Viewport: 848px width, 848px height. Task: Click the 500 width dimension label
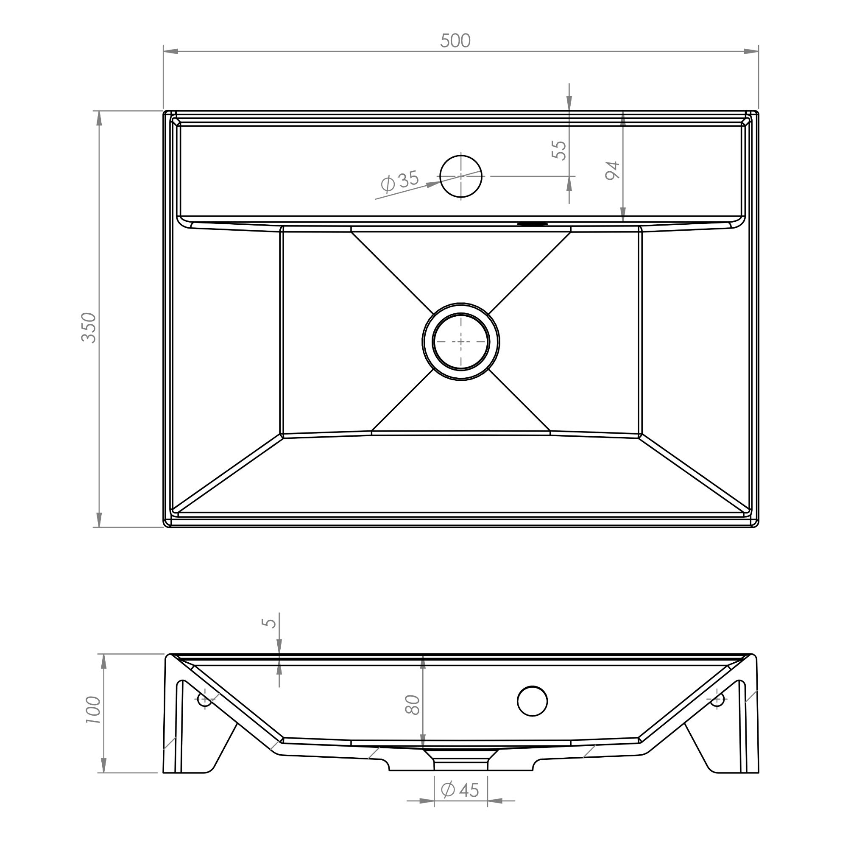(x=455, y=41)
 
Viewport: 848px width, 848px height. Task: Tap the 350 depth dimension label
(x=89, y=328)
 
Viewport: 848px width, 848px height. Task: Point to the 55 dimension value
(x=559, y=150)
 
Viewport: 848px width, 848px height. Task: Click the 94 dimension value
(x=612, y=170)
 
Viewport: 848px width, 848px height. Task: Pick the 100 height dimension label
(x=93, y=709)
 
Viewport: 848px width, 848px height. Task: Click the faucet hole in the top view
(x=461, y=176)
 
